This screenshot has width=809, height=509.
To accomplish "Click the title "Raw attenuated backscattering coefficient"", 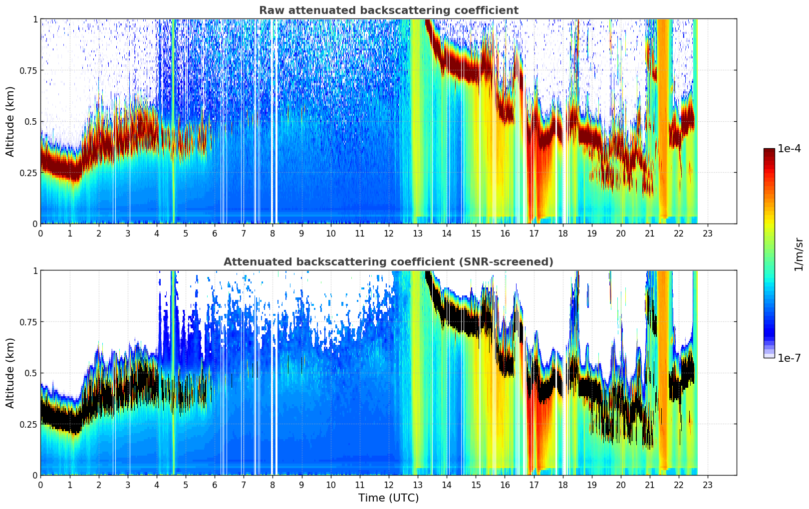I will [x=388, y=10].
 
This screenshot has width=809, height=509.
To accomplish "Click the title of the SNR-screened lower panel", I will [x=388, y=262].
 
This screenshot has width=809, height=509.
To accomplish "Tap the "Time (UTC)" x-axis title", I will [x=388, y=498].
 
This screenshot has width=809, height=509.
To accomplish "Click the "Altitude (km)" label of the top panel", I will [x=10, y=121].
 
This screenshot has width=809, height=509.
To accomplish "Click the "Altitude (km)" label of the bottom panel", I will [x=10, y=373].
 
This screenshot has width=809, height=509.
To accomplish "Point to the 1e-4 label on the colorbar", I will [x=789, y=149].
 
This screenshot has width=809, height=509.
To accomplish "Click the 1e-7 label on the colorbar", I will [x=789, y=358].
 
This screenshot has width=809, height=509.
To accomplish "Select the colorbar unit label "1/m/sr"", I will [x=799, y=254].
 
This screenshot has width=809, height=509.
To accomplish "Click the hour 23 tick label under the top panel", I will [x=708, y=233].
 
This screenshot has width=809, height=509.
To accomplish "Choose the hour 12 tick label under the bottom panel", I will [x=388, y=485].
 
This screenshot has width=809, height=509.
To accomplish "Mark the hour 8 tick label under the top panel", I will [x=272, y=233].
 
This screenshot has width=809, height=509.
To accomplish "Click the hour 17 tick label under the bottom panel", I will [x=534, y=485].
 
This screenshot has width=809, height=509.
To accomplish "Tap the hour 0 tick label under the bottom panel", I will [x=40, y=485].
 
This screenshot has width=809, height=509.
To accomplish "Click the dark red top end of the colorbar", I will [x=769, y=151].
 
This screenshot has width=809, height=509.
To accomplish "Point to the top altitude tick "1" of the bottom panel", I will [x=35, y=270].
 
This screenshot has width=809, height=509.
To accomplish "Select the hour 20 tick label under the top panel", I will [x=620, y=233].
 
